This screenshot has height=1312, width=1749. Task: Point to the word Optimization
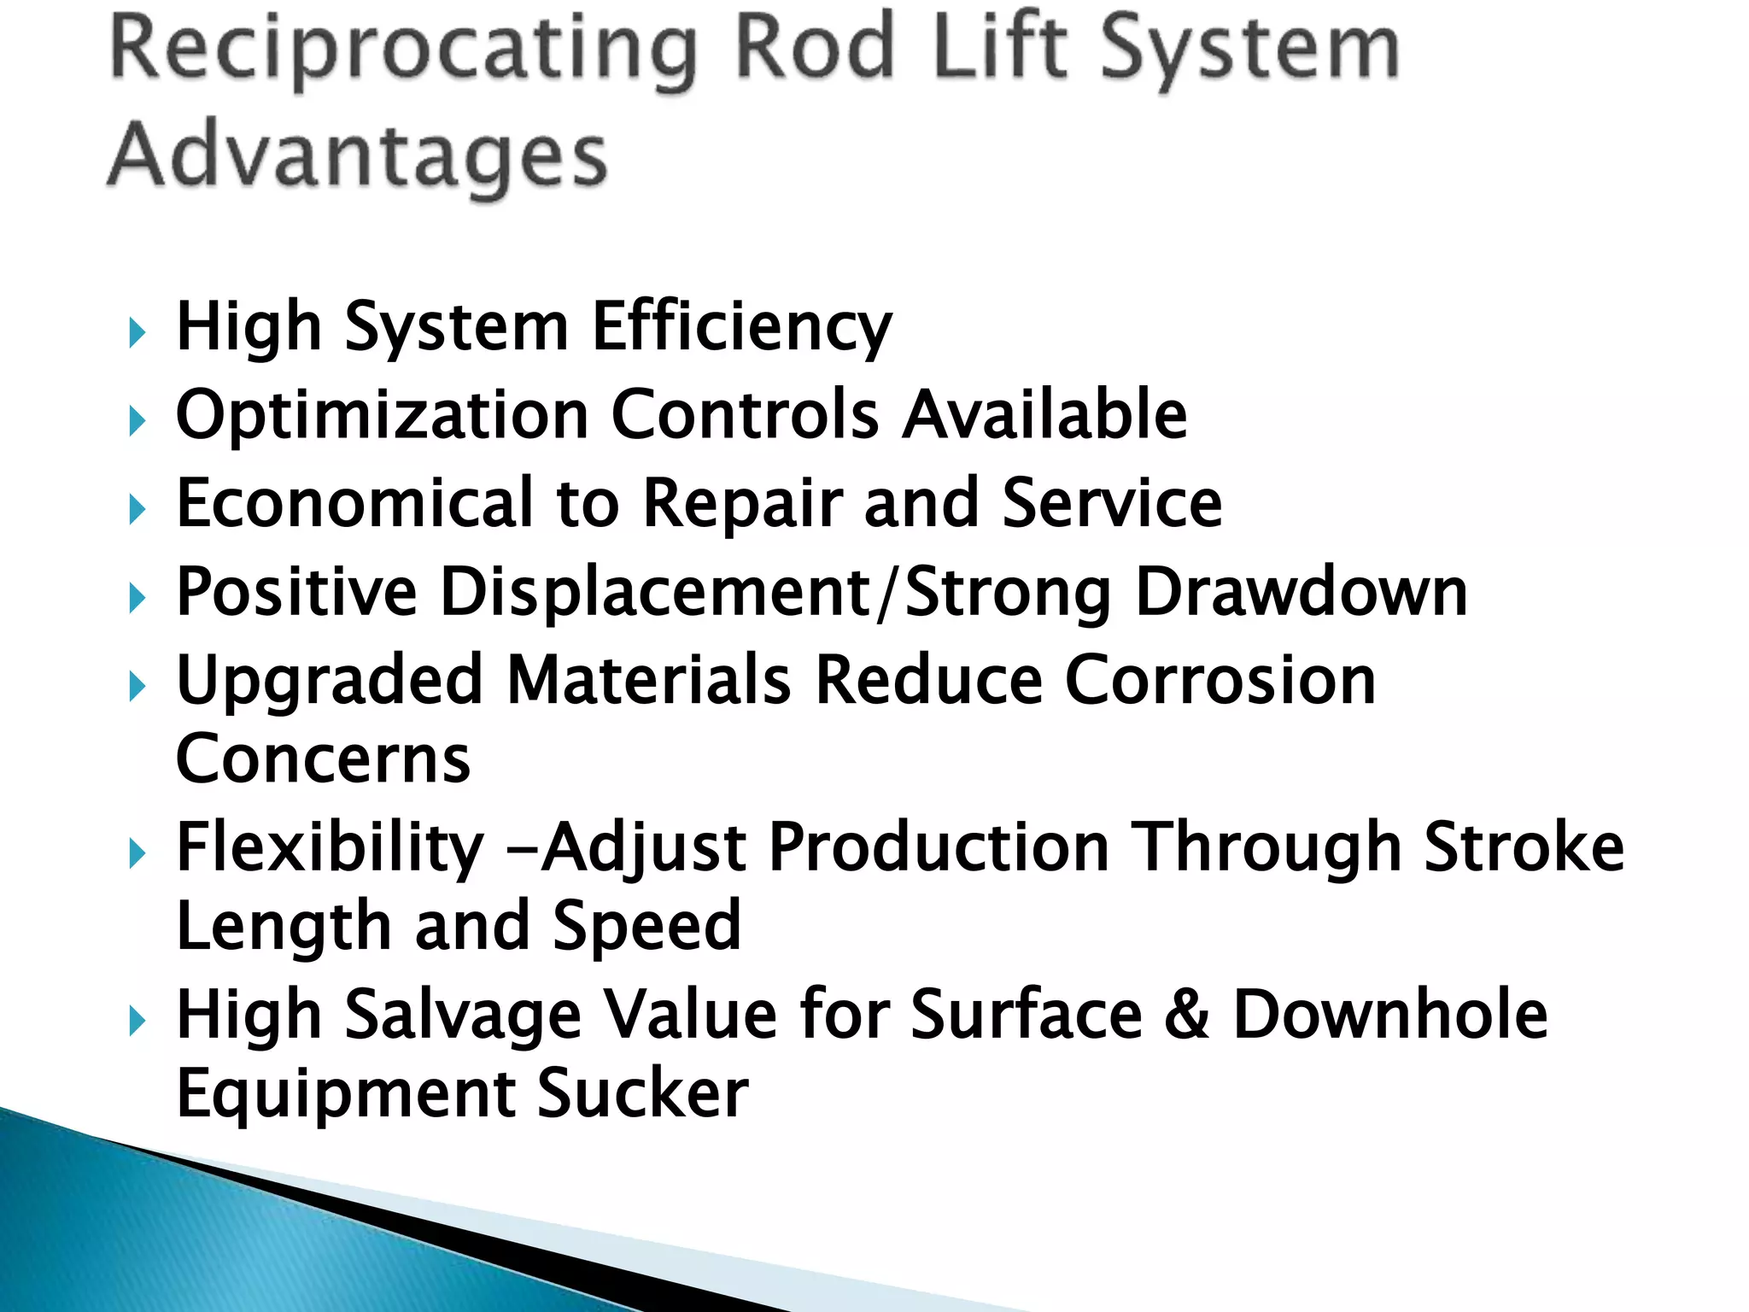pos(383,416)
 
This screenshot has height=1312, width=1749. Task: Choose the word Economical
pos(355,504)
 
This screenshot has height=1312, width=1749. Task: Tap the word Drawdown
pos(1302,591)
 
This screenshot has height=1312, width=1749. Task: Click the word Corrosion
pos(1220,681)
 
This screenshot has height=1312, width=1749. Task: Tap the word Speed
pos(646,928)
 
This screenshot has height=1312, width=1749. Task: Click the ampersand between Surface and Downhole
pos(1187,1015)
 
